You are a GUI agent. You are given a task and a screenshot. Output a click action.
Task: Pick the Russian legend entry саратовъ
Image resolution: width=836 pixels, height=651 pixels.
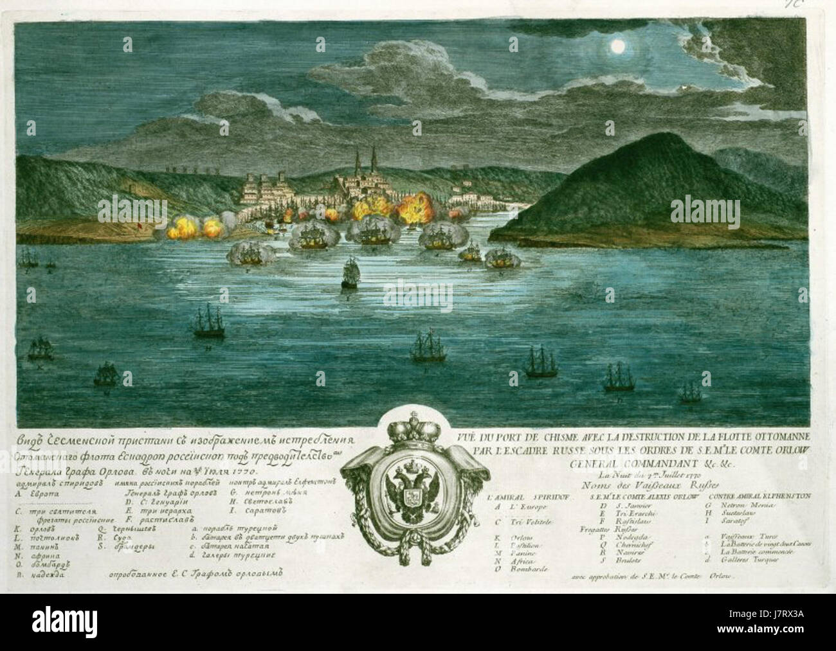tap(266, 511)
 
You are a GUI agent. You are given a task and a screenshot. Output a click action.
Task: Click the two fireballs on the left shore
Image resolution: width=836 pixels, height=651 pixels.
tap(192, 227)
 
